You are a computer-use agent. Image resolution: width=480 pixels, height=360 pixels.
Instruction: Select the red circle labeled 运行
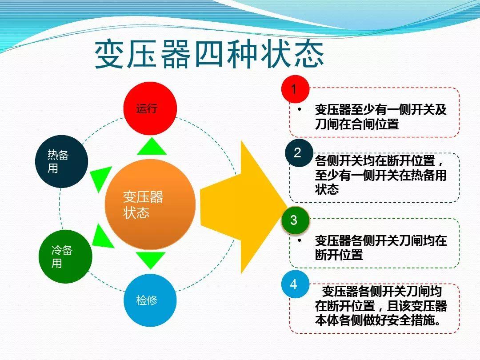150,108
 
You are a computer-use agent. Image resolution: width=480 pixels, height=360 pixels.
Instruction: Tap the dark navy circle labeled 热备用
61,161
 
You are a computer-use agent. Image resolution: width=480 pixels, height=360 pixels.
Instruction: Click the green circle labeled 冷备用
65,256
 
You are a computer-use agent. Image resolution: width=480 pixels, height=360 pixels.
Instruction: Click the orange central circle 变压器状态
150,204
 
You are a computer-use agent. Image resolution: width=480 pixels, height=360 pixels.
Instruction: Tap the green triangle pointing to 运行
152,147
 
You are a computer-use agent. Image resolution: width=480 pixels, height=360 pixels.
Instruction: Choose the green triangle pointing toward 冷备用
101,236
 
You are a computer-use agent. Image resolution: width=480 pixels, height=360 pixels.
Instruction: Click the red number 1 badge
294,90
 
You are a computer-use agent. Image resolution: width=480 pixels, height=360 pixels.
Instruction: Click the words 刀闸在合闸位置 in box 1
357,124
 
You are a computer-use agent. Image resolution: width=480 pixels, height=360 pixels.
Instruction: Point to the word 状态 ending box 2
327,189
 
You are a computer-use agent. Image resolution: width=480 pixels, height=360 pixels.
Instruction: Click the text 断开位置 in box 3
339,255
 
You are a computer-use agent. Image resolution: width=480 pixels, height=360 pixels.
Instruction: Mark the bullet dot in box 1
300,109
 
